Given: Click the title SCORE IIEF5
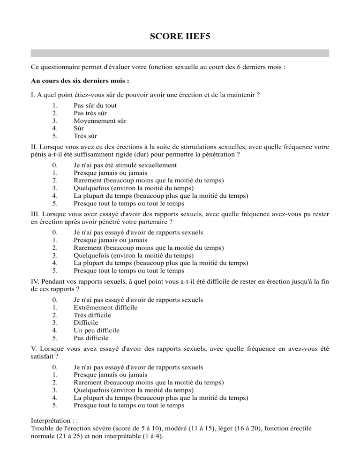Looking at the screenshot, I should click(x=180, y=35).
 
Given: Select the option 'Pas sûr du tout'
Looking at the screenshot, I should click(x=95, y=105).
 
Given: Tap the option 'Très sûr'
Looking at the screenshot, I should click(x=85, y=135).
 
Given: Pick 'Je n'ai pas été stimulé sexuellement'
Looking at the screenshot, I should click(x=125, y=165).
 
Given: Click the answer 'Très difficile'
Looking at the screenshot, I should click(x=96, y=315).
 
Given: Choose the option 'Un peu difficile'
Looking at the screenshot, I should click(x=97, y=330).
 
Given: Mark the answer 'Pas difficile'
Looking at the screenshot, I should click(x=91, y=338).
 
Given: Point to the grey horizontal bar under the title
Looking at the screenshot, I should click(x=180, y=53).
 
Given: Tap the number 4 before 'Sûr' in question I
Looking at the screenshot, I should click(x=55, y=128).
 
